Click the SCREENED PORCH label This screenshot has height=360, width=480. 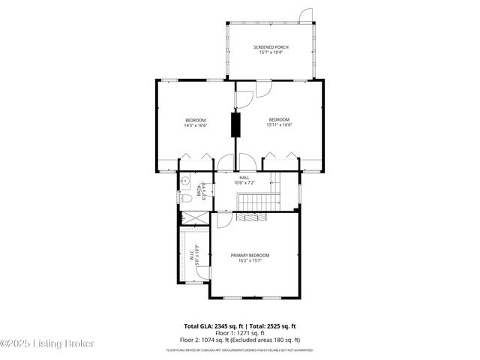pyautogui.click(x=271, y=47)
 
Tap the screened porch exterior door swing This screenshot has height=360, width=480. pyautogui.click(x=305, y=16)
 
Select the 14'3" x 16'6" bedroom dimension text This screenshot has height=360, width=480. pyautogui.click(x=195, y=125)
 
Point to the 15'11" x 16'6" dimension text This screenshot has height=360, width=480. pyautogui.click(x=279, y=125)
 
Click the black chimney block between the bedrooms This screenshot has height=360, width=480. pyautogui.click(x=235, y=124)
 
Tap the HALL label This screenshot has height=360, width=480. pyautogui.click(x=244, y=177)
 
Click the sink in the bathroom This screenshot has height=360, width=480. pyautogui.click(x=184, y=181)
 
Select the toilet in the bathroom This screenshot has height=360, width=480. pyautogui.click(x=184, y=198)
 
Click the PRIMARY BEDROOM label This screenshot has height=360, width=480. pyautogui.click(x=250, y=255)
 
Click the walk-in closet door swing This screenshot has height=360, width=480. pyautogui.click(x=196, y=280)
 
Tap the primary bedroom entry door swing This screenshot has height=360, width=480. pyautogui.click(x=223, y=219)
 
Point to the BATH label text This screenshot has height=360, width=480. pyautogui.click(x=199, y=190)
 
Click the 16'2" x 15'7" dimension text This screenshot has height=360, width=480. pyautogui.click(x=250, y=261)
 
